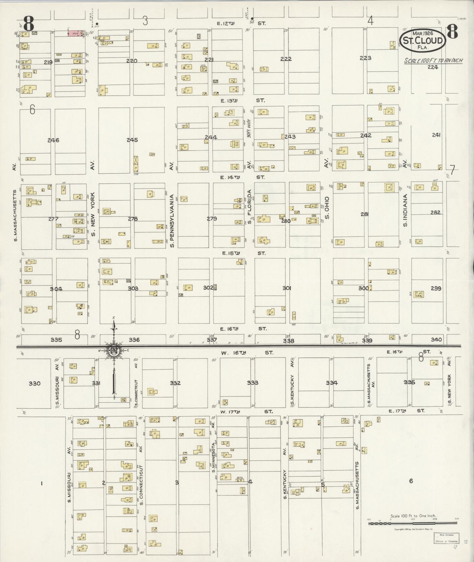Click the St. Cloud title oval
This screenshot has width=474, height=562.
coord(422,41)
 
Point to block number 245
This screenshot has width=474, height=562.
coord(132,140)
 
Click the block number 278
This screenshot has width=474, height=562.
coord(133,219)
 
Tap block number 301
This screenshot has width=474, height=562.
coord(286,288)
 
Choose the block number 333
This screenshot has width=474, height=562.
coord(253,383)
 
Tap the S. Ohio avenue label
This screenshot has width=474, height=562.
coord(327,208)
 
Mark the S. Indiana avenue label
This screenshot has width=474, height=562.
coord(405,210)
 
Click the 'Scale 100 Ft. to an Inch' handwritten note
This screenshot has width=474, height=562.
coord(433,61)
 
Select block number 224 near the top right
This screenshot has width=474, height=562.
coord(433,67)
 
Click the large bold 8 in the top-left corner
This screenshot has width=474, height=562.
coord(29,24)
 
